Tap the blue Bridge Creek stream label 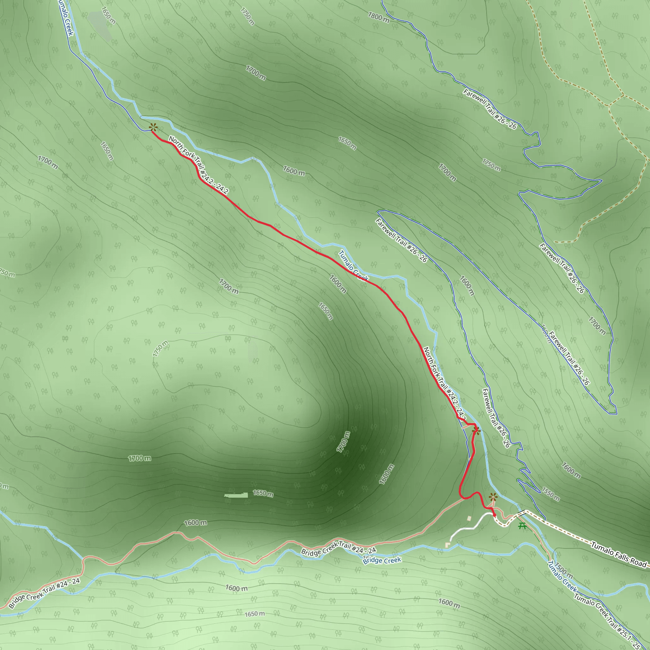382,560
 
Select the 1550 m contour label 550,494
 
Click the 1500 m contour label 564,571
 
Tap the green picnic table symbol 522,526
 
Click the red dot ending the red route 494,515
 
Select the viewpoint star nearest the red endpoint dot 493,497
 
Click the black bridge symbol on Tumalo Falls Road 522,513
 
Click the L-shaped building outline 448,544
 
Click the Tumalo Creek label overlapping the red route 353,266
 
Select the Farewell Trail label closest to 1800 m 489,109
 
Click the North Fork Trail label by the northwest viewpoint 198,165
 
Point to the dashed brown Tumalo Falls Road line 565,532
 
